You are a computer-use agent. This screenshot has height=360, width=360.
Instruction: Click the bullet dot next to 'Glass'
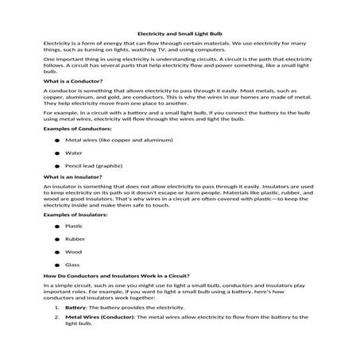pos(57,264)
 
